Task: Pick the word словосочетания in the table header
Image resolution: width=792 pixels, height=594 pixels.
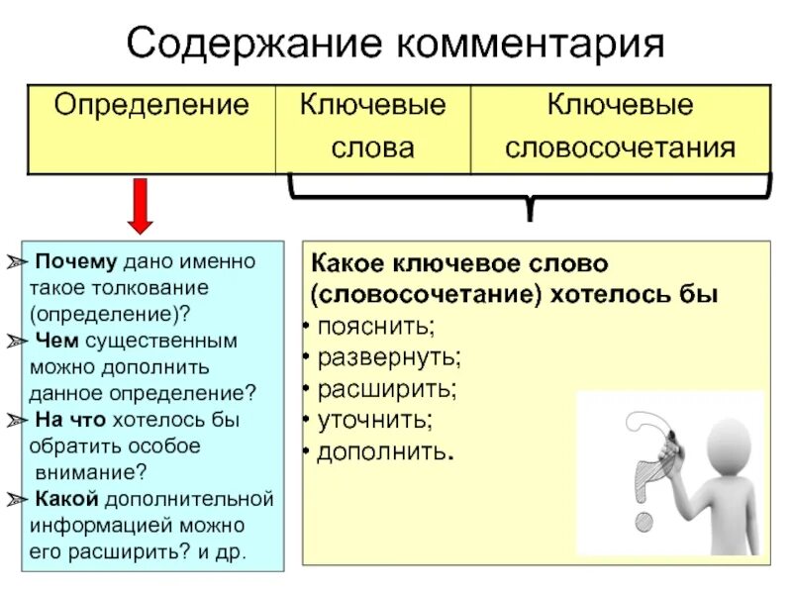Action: [621, 148]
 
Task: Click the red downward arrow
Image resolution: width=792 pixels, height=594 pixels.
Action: [141, 205]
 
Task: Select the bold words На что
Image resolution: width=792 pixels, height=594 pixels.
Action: [66, 419]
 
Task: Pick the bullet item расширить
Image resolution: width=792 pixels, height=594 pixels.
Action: [386, 388]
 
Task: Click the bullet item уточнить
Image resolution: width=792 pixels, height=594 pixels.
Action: [374, 420]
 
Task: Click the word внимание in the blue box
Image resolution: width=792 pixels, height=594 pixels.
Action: [90, 471]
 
